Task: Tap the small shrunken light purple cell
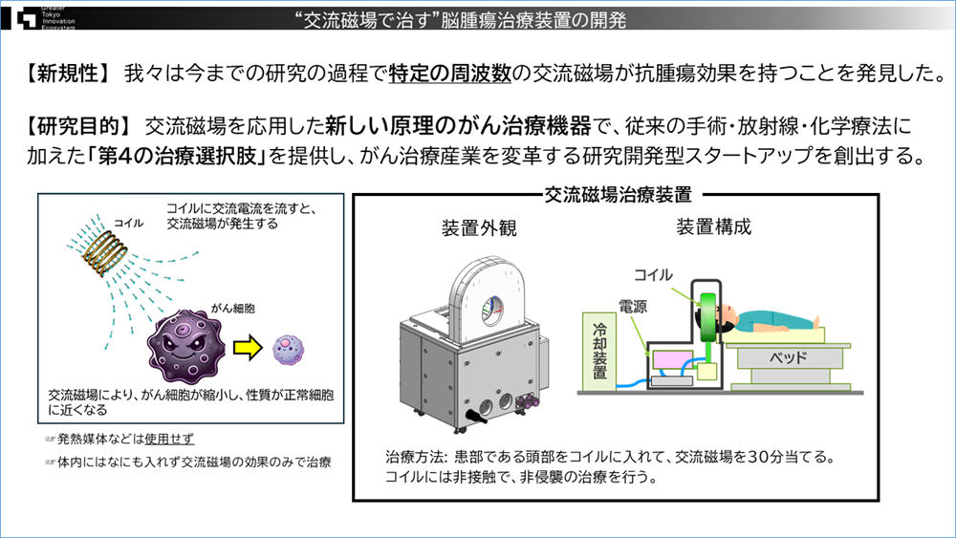[289, 346]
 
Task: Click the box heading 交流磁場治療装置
[617, 195]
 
